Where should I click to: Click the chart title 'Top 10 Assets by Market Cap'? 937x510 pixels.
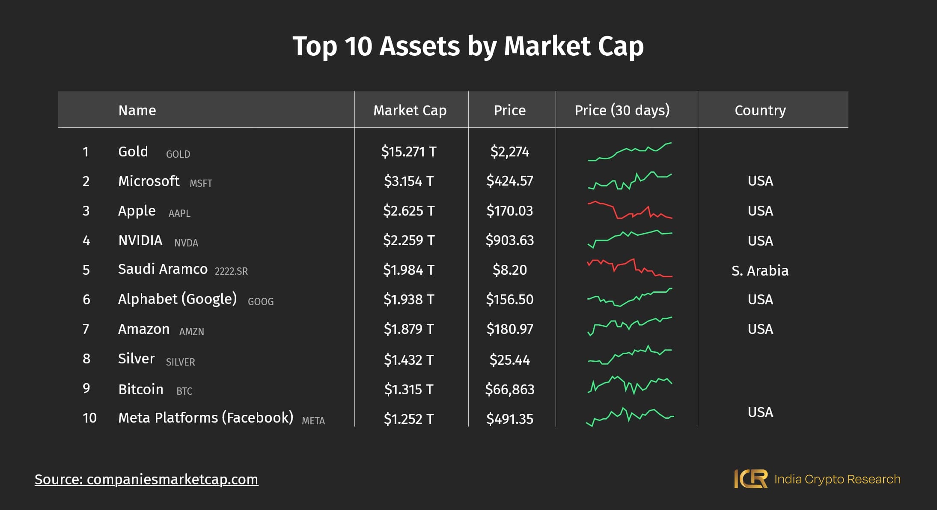pos(468,46)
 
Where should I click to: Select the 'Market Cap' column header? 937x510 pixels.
pos(410,111)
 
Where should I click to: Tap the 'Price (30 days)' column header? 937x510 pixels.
pos(622,111)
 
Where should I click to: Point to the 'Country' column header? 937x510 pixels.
pos(760,111)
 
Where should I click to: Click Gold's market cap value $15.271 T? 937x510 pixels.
pos(409,152)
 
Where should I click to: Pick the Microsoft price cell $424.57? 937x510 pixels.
pos(509,181)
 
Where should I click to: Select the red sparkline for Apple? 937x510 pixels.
pos(629,210)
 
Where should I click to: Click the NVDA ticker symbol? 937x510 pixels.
pos(186,243)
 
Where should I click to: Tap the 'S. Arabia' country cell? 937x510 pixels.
pos(760,271)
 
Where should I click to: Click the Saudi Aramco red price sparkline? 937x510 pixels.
pos(629,268)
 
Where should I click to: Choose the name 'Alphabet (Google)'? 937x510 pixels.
pos(177,299)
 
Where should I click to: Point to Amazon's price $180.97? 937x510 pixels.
pos(509,329)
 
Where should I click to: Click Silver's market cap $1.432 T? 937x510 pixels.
pos(409,360)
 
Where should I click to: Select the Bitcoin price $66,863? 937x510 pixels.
pos(509,390)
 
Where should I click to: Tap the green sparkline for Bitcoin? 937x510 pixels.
pos(629,385)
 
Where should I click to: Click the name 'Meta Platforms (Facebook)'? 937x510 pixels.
pos(205,418)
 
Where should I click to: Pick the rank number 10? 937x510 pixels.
pos(89,418)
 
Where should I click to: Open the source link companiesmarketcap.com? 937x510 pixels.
pos(146,479)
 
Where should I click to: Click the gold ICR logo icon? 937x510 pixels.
pos(750,479)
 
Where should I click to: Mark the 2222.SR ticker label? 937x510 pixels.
pos(231,271)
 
